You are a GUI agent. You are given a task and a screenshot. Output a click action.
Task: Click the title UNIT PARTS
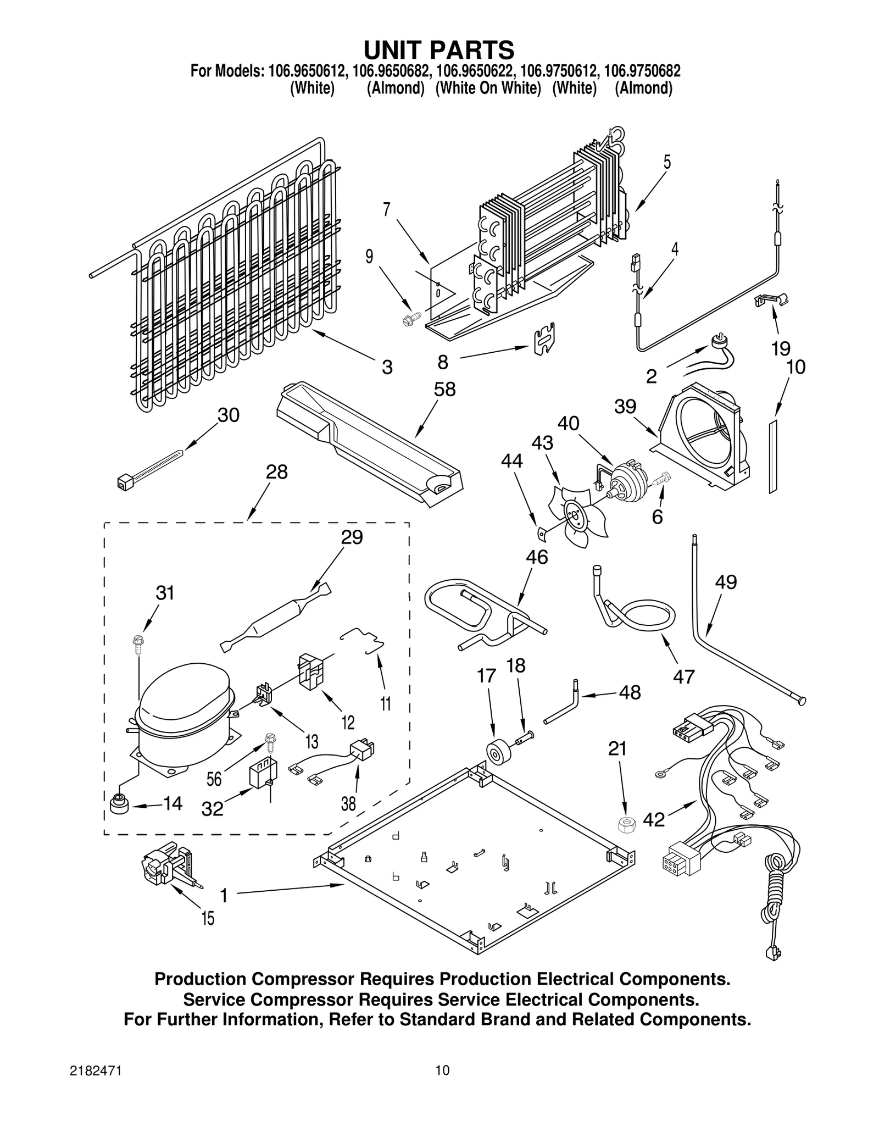[439, 50]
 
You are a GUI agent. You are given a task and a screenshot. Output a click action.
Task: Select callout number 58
[444, 389]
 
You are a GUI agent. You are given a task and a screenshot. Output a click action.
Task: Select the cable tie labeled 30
[151, 465]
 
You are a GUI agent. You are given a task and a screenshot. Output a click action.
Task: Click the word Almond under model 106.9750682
[643, 88]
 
